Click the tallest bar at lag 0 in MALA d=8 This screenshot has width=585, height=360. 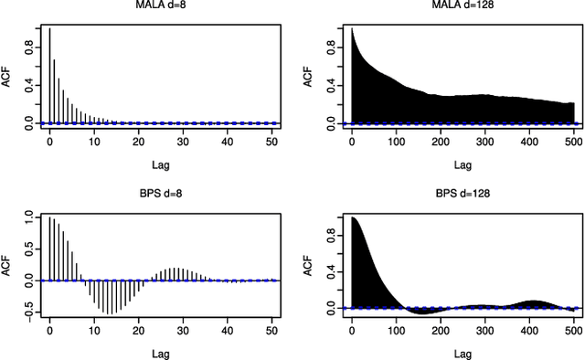coord(50,73)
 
